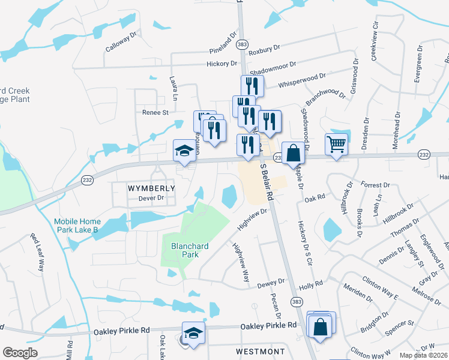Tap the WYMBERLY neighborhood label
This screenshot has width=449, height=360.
coord(152,188)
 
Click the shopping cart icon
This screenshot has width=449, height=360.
coord(336,144)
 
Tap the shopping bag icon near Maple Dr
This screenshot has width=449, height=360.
coord(292,154)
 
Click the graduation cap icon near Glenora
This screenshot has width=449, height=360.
coord(185,151)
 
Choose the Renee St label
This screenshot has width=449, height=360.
coord(155,112)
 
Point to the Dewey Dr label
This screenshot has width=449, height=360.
coord(271,282)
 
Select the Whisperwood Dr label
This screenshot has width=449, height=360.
coord(302,80)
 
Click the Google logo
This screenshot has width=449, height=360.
coord(20,352)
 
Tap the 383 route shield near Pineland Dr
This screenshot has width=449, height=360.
coord(242,44)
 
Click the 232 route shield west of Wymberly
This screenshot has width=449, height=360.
coord(86,181)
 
